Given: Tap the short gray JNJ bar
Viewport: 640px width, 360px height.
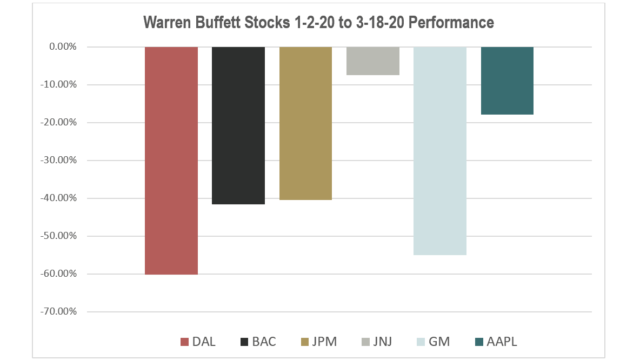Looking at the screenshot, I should (372, 61).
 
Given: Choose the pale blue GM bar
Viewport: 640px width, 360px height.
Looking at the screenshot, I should (439, 151).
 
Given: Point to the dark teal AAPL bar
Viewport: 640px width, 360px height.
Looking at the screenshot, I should (507, 81).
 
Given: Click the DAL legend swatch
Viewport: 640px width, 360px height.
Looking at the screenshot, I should (184, 342).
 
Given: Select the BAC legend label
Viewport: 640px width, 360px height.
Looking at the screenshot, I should (264, 342).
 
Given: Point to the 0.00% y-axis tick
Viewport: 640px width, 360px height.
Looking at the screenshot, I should (63, 47).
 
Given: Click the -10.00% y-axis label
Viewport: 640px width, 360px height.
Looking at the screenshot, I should (59, 85).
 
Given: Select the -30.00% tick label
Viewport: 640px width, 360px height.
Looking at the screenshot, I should (59, 161).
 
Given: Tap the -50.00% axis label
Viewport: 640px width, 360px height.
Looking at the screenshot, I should (59, 236).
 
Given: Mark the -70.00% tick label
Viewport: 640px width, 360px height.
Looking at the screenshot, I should (59, 312).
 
